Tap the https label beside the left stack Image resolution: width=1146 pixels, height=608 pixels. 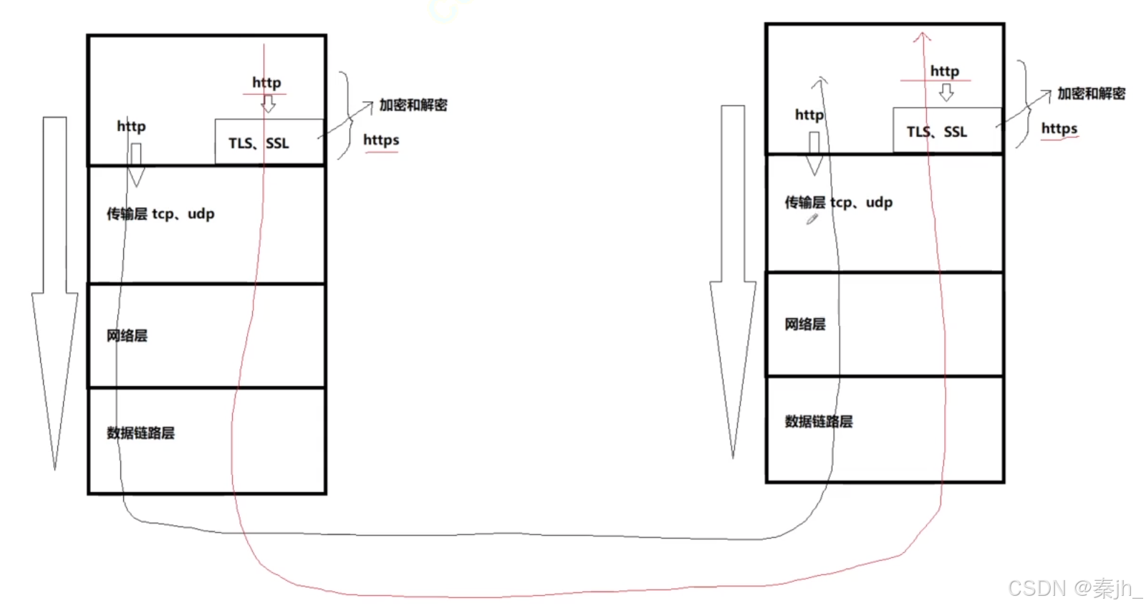(x=381, y=140)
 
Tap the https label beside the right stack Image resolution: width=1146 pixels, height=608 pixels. (x=1059, y=128)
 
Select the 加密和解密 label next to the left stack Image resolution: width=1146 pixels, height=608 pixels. (x=413, y=105)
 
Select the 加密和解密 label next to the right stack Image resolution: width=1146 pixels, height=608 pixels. (x=1091, y=94)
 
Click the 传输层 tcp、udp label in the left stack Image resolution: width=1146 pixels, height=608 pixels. (x=160, y=213)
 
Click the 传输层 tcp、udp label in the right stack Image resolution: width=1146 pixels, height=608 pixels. (x=838, y=202)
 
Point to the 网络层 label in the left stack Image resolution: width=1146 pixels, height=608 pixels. (x=127, y=335)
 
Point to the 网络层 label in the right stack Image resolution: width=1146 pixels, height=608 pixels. (x=804, y=324)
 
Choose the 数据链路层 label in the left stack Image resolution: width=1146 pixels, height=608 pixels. (x=140, y=433)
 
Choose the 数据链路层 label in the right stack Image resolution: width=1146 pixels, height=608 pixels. (x=818, y=421)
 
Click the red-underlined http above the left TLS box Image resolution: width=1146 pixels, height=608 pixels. (x=266, y=82)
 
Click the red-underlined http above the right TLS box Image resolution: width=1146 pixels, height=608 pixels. (x=944, y=71)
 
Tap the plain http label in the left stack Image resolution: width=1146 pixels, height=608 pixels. (x=131, y=126)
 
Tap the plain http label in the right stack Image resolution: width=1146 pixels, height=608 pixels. (x=809, y=115)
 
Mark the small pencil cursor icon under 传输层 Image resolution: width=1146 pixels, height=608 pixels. (x=812, y=219)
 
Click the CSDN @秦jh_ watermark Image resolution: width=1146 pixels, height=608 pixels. (x=1074, y=588)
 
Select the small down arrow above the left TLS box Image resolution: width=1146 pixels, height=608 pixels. (x=269, y=105)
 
